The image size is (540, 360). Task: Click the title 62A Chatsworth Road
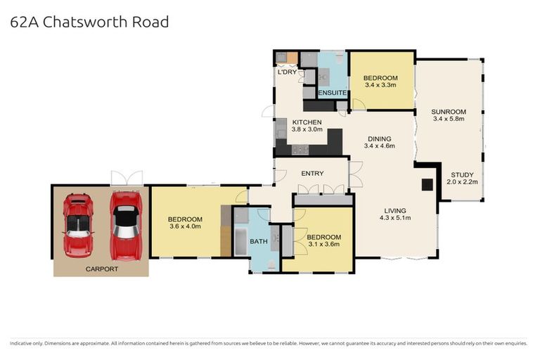pos(89,22)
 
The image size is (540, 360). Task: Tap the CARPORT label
pos(101,269)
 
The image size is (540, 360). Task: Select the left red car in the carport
pos(78,224)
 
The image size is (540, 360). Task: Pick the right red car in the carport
pos(126,224)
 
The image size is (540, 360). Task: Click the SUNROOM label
pos(449,111)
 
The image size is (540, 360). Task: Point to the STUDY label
pos(462,174)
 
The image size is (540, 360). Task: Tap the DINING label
pos(378,139)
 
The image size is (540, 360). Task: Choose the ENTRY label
pos(312,173)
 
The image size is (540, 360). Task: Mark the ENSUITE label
pos(332,93)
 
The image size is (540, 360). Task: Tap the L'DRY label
pos(286,72)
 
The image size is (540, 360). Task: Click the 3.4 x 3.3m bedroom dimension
pos(381,85)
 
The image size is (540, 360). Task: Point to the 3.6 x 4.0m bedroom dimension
pos(186,226)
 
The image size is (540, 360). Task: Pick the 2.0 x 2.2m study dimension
pos(462,182)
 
